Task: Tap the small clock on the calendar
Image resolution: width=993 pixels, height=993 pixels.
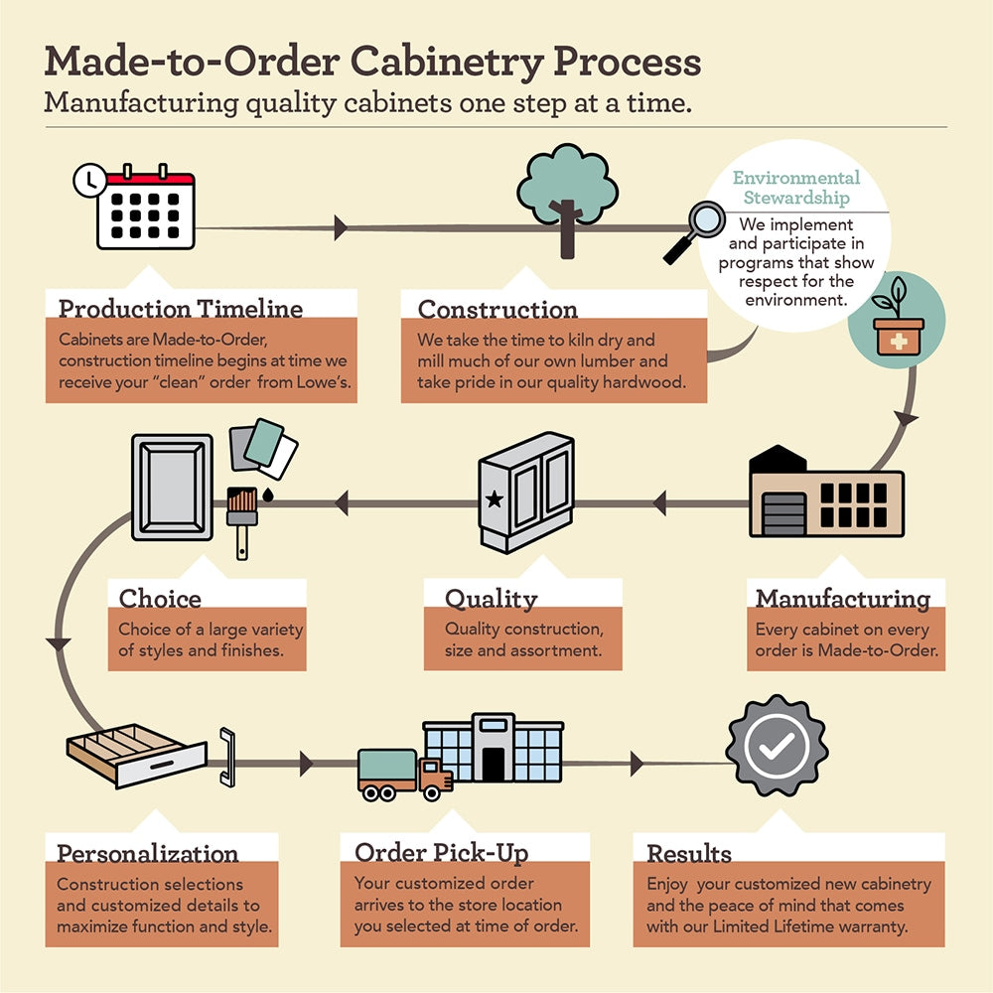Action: (90, 180)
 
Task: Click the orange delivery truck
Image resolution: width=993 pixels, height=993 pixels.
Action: (404, 774)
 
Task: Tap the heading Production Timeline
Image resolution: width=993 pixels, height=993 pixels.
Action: (180, 309)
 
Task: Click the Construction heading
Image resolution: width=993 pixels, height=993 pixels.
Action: (496, 309)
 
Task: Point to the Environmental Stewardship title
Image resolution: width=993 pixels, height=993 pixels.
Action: (795, 188)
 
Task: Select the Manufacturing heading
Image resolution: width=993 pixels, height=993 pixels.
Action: (842, 599)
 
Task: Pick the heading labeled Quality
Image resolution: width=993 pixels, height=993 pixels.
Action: (491, 599)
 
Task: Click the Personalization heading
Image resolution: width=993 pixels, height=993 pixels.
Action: (147, 853)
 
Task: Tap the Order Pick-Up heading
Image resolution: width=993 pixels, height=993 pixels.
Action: (441, 852)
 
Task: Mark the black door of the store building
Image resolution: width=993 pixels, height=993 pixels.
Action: (493, 763)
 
